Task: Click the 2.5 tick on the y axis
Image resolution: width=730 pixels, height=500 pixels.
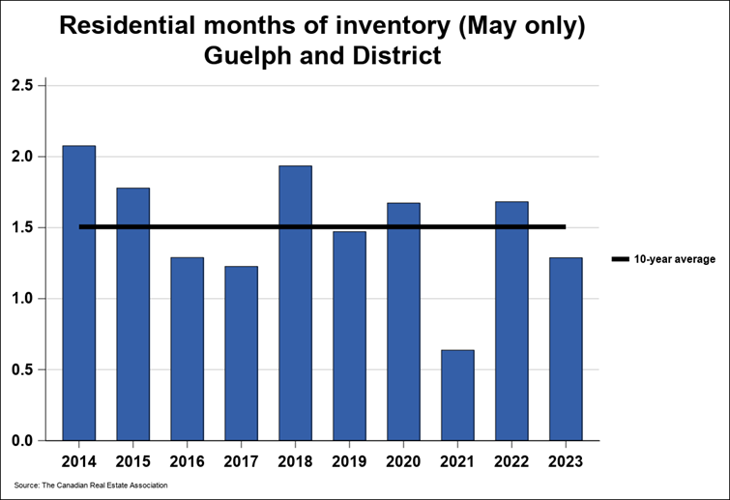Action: (22, 86)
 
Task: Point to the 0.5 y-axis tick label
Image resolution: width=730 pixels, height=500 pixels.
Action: (22, 369)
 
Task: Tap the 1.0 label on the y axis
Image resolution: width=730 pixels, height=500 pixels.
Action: (22, 299)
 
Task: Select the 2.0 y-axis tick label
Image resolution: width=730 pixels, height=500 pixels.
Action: (22, 157)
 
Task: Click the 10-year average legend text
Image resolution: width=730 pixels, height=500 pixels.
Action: (675, 259)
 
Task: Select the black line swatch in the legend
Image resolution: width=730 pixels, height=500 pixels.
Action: (620, 259)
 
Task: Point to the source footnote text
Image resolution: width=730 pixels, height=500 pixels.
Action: (92, 485)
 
